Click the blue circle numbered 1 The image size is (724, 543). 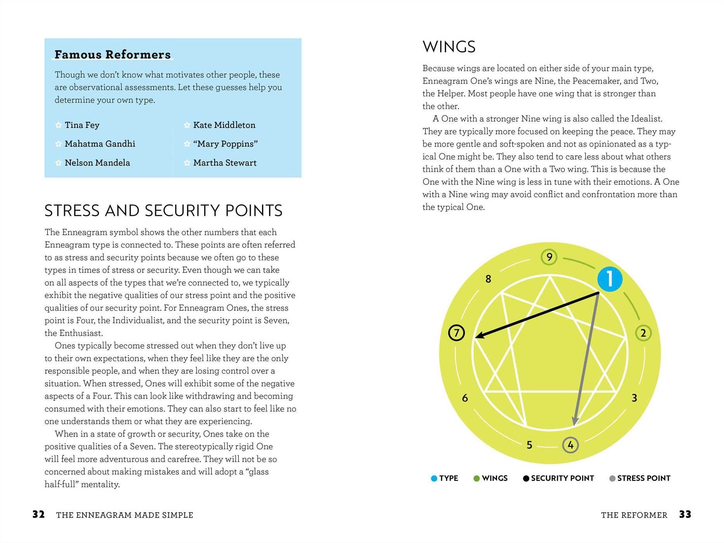click(x=610, y=279)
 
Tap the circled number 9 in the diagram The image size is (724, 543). click(x=549, y=257)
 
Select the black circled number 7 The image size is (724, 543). click(x=456, y=333)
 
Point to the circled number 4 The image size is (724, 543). click(x=570, y=445)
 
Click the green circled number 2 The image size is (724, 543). click(x=643, y=333)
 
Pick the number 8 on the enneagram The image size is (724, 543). click(x=488, y=279)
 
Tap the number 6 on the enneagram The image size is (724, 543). click(x=465, y=398)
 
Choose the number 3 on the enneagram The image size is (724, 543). click(x=634, y=398)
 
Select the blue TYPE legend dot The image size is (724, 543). click(x=434, y=478)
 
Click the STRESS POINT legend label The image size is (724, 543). click(x=644, y=478)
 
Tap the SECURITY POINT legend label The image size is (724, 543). click(x=562, y=478)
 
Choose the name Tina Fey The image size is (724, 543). click(x=82, y=125)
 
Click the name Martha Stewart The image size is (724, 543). click(x=225, y=163)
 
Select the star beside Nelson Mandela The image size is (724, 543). click(x=58, y=163)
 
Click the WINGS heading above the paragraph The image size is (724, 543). click(x=449, y=47)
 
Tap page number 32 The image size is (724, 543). click(x=38, y=515)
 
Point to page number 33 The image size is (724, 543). click(x=685, y=515)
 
